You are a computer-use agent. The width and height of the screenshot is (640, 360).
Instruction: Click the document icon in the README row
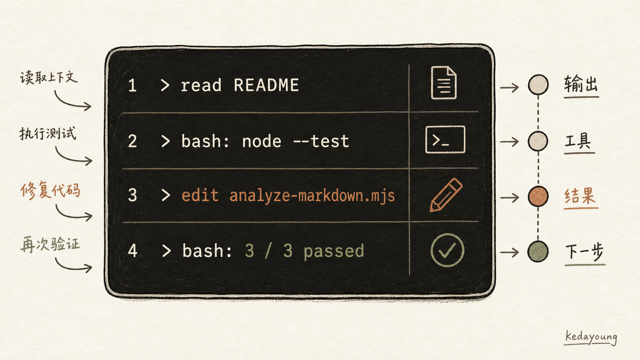point(443,83)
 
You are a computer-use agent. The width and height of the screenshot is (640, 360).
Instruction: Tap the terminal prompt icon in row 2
point(445,140)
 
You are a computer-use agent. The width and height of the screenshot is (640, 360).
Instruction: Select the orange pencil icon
point(446,195)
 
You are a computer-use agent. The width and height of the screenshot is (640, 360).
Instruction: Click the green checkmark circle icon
point(447,250)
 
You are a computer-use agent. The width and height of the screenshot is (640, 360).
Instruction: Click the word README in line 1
point(266,85)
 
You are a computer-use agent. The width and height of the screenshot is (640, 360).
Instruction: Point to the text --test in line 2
point(321,141)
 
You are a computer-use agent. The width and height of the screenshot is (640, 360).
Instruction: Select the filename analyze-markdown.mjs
point(312,196)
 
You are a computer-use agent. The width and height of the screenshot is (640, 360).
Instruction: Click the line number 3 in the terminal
point(132,195)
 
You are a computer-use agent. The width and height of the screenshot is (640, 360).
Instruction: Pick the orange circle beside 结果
point(538,196)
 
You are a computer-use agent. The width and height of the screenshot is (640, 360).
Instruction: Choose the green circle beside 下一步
point(538,251)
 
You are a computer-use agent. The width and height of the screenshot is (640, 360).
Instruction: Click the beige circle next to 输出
point(538,85)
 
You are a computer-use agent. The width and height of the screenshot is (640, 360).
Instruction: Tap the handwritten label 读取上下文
point(49,77)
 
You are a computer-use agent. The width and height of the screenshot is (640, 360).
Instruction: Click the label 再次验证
point(50,244)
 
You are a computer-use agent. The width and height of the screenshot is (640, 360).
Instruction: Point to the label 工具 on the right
point(578,141)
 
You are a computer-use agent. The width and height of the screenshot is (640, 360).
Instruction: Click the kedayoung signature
point(591,337)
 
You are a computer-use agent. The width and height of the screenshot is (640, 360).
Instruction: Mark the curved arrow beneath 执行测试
point(72,159)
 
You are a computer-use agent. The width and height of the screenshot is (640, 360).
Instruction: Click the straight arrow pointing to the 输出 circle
point(509,87)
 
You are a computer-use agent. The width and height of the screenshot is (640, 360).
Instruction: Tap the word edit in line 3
point(200,195)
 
